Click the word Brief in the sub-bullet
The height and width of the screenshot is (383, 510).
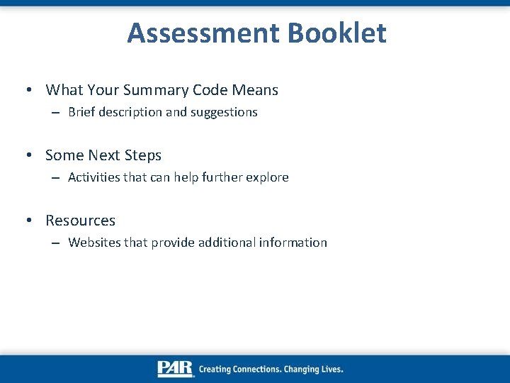coord(81,112)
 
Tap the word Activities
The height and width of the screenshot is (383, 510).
coord(94,177)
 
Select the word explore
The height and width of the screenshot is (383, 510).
coord(266,177)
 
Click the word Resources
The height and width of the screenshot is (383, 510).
coord(80,221)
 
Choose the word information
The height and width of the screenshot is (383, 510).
coord(293,243)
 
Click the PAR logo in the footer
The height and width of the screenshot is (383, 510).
coord(175,369)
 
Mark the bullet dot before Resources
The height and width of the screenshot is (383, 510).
coord(28,221)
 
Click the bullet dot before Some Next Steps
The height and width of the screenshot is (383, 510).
coord(28,155)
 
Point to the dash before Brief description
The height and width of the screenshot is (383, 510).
coord(55,112)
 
